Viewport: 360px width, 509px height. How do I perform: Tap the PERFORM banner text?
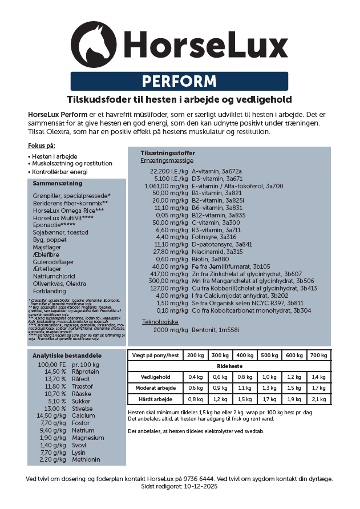pyautogui.click(x=179, y=81)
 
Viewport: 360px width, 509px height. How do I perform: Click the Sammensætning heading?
pyautogui.click(x=57, y=184)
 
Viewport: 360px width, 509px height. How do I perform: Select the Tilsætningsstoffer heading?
pyautogui.click(x=168, y=153)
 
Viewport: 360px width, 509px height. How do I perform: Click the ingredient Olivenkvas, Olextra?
pyautogui.click(x=60, y=284)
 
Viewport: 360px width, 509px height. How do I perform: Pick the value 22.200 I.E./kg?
pyautogui.click(x=169, y=171)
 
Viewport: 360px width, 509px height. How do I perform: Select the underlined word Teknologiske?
pyautogui.click(x=160, y=322)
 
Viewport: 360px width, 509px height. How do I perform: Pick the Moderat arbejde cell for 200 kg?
pyautogui.click(x=195, y=388)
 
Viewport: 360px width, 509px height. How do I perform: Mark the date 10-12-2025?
pyautogui.click(x=201, y=487)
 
